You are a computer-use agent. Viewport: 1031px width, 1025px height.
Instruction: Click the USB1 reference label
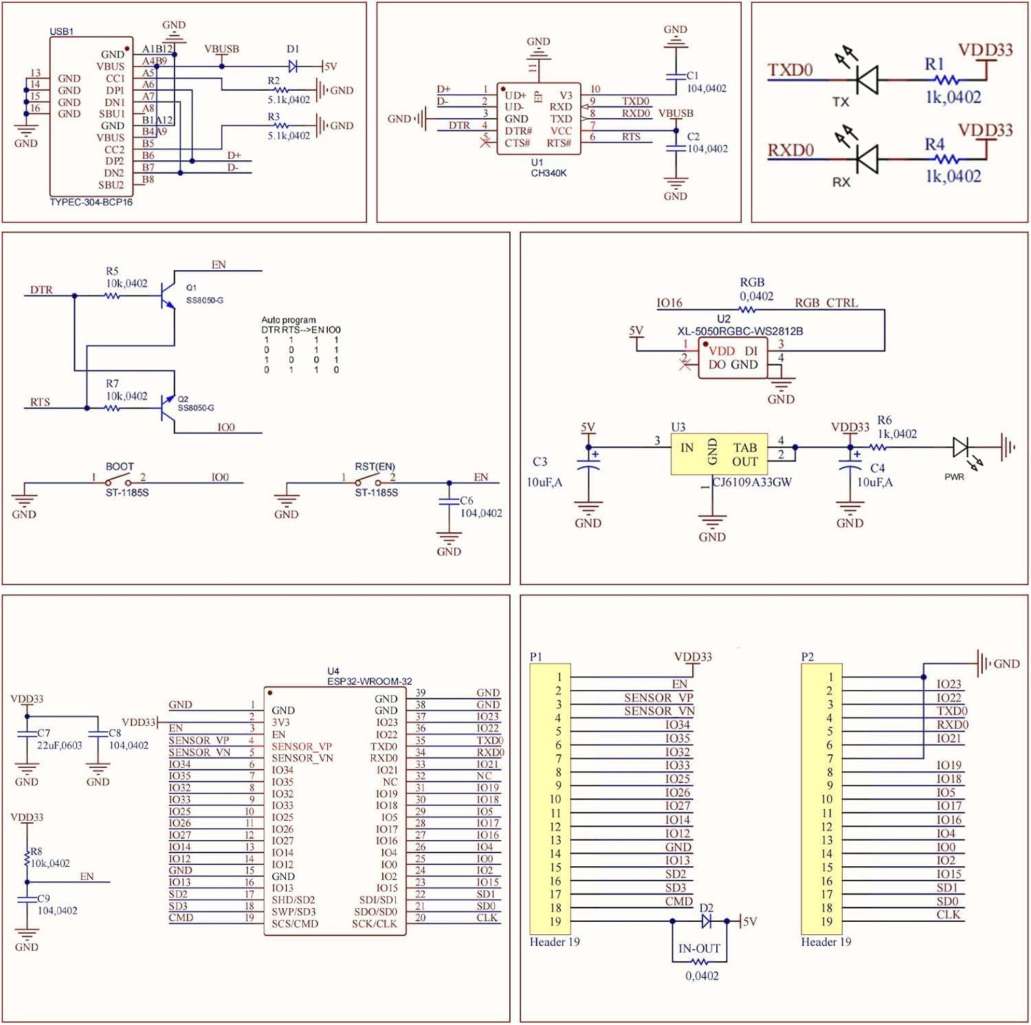61,32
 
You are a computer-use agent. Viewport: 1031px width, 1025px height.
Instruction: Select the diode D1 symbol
293,66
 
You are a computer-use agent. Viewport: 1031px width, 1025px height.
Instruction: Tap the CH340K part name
548,173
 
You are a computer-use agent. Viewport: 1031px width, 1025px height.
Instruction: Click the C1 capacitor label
692,76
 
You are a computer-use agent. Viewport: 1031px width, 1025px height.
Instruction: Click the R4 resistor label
934,144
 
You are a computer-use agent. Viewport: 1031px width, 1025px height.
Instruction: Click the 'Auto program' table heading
289,320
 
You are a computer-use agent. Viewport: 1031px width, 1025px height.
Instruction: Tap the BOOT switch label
120,466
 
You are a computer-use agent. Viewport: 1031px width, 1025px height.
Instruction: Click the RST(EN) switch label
375,466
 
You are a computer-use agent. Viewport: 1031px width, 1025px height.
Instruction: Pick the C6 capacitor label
467,500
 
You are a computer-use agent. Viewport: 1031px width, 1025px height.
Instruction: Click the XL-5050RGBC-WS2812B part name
740,331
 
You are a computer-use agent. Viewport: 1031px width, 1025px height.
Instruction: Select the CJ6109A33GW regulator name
752,482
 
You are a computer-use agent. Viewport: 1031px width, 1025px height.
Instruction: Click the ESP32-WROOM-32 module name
370,681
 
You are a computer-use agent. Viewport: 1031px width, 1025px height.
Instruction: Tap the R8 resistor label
36,851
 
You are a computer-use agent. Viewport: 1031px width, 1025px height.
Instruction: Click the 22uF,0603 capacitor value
60,745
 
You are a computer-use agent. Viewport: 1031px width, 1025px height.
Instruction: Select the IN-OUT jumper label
699,949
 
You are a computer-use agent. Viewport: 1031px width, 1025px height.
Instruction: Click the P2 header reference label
808,657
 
